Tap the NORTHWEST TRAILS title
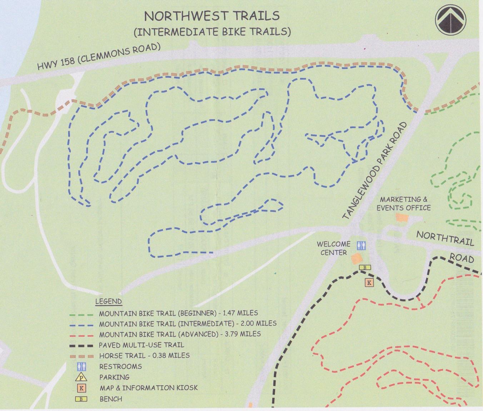[x=211, y=16]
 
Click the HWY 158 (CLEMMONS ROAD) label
[x=99, y=56]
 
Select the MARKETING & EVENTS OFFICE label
[x=403, y=204]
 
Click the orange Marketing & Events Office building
[x=401, y=217]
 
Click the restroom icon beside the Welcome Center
[x=360, y=246]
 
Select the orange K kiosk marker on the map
[x=369, y=282]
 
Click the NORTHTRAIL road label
[x=445, y=238]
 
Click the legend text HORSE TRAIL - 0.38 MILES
[x=144, y=356]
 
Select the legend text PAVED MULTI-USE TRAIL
[x=141, y=345]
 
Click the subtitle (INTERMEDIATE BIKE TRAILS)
[x=212, y=31]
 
